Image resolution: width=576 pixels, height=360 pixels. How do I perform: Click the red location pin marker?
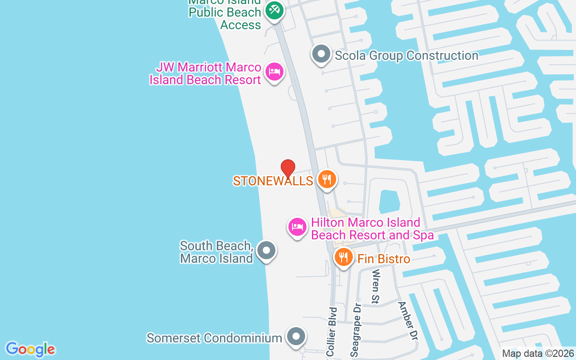coord(288,169)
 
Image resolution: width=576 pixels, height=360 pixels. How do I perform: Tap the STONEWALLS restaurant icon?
coord(327,180)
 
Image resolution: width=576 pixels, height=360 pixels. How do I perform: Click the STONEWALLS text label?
coord(273,181)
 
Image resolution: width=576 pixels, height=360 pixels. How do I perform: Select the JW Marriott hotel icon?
coord(274,72)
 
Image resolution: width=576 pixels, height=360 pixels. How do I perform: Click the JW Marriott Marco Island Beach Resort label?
coord(205,74)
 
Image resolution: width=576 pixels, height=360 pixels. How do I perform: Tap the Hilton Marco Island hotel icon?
coord(297,227)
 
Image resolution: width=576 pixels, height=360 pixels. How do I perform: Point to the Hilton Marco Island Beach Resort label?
coord(372,229)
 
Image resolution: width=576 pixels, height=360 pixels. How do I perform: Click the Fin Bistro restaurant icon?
coord(344,258)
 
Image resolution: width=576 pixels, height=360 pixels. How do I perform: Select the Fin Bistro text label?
coord(384,259)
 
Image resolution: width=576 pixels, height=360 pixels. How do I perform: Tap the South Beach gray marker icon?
coord(266,251)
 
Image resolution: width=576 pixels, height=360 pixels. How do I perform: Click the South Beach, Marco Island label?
coord(216,252)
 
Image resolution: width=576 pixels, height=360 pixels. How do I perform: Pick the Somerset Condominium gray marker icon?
coord(296,337)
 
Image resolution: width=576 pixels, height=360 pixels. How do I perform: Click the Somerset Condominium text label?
coord(214,338)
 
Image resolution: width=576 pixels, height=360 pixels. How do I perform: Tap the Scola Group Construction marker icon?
coord(321,54)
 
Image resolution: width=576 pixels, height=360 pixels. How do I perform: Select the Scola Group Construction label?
coord(406,56)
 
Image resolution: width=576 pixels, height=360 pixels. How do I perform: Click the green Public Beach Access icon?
coord(274,10)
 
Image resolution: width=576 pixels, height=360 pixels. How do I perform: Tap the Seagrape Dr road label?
coord(355,330)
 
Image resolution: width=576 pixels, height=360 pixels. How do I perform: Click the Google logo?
coord(30,349)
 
